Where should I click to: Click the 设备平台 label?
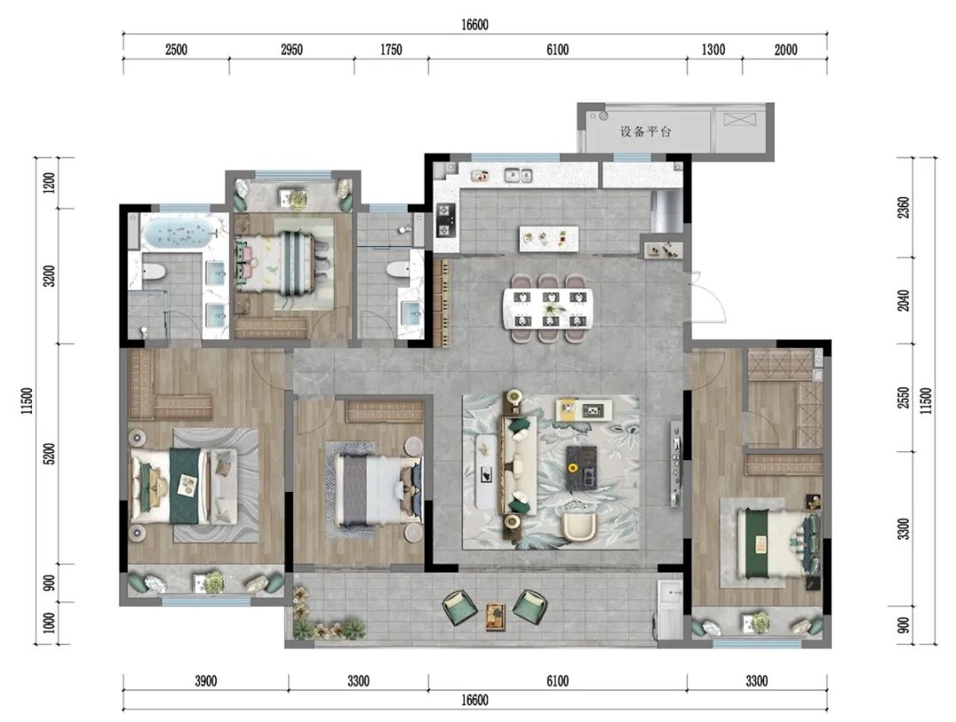click(x=645, y=131)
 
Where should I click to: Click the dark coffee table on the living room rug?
click(x=583, y=468)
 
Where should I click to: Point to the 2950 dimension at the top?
click(x=291, y=50)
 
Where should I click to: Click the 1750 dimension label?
click(x=391, y=50)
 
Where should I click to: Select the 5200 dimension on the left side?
click(x=50, y=454)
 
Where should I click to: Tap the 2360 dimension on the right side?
click(x=904, y=207)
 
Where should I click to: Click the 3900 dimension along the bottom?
click(x=205, y=680)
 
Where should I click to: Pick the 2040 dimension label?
click(x=904, y=300)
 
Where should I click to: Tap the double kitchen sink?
click(x=518, y=175)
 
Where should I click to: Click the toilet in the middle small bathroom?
click(x=400, y=269)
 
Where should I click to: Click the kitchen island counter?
click(x=548, y=238)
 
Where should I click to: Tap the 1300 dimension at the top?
click(x=713, y=50)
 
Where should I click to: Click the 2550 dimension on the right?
click(x=904, y=398)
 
